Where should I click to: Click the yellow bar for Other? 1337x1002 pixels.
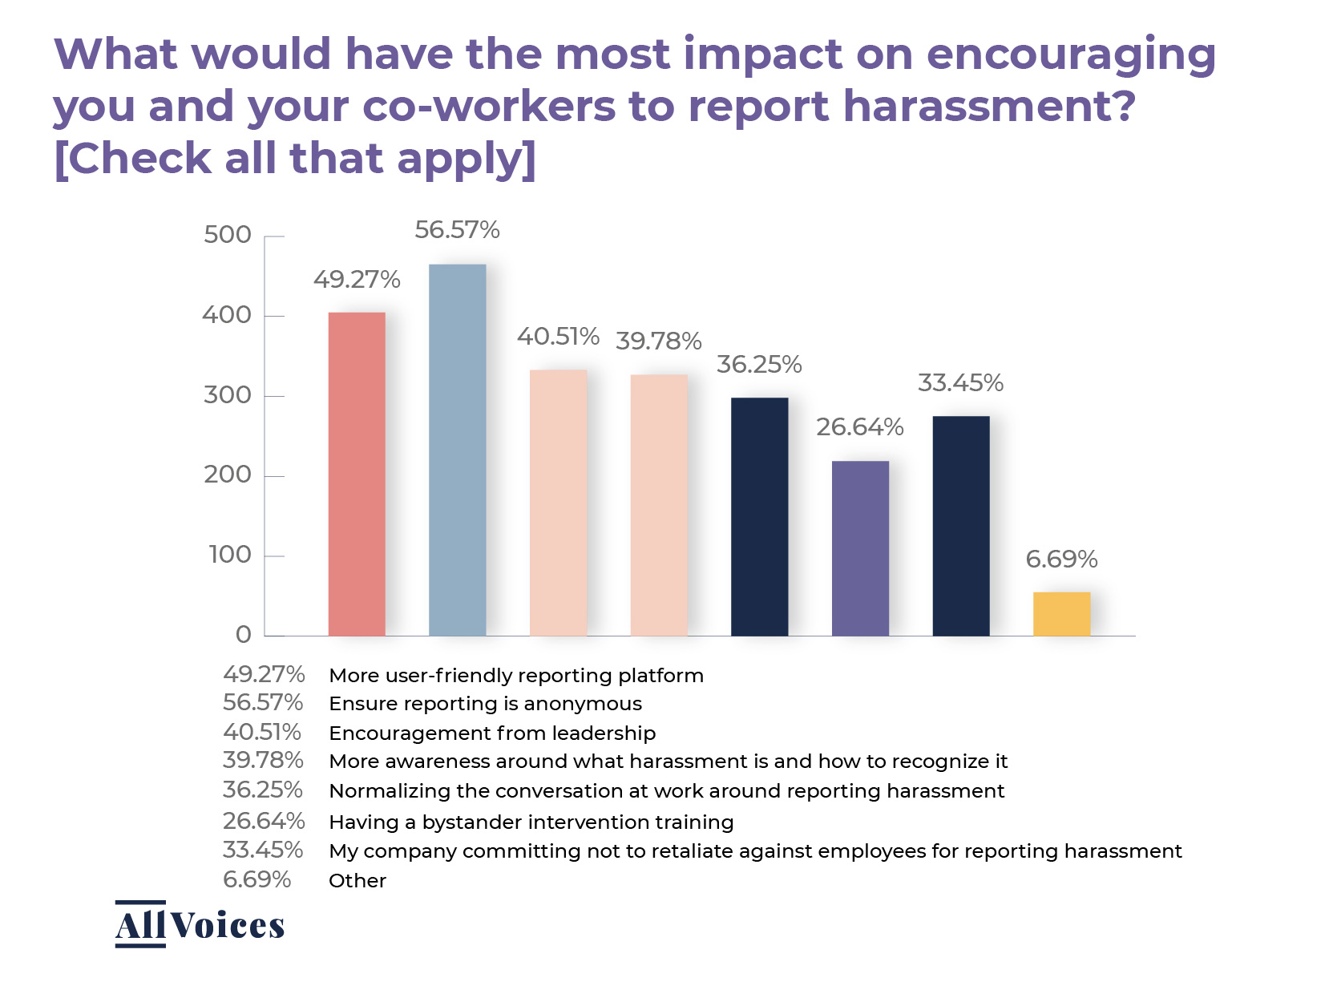point(1061,614)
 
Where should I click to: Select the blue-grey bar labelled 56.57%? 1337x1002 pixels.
point(457,450)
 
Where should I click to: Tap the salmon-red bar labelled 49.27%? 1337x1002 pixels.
point(357,474)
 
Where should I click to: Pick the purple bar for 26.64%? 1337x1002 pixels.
point(860,548)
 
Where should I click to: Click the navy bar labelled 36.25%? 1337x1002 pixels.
point(759,516)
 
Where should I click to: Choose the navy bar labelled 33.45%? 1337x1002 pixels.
point(960,526)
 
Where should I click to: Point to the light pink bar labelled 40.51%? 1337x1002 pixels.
point(558,503)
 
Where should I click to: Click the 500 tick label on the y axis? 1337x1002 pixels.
point(227,235)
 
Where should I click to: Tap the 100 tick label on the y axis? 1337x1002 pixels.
point(229,555)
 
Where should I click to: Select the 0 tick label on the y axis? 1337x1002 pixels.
point(244,635)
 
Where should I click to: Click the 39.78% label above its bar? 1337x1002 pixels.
point(658,341)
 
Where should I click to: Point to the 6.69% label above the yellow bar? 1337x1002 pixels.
point(1061,560)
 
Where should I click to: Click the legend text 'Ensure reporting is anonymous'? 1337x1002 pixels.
point(485,704)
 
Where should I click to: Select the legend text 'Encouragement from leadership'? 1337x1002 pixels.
point(492,733)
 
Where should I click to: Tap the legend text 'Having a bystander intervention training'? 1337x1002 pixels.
point(531,822)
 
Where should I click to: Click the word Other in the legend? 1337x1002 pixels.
point(357,880)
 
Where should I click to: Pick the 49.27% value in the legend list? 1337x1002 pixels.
point(264,674)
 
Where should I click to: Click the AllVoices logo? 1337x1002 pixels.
point(200,924)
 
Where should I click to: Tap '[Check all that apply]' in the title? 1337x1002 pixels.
point(294,158)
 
